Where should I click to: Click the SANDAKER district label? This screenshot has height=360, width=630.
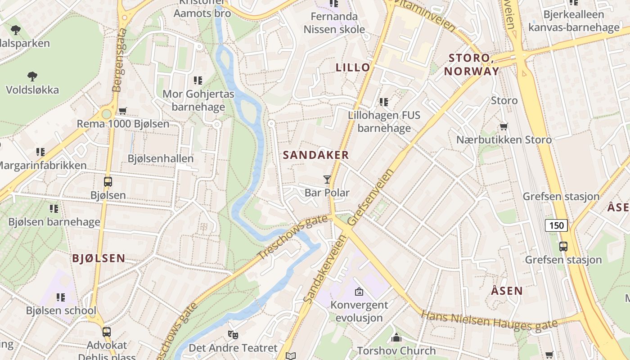click(316, 155)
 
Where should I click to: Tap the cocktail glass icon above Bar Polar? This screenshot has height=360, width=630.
click(327, 180)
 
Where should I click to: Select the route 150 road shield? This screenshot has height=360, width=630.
click(557, 225)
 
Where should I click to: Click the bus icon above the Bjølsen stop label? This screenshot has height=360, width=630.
click(108, 182)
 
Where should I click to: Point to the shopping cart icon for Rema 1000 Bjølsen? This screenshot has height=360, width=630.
click(122, 111)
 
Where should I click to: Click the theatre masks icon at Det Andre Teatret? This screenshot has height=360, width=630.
click(233, 335)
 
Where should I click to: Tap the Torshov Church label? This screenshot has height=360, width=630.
click(396, 350)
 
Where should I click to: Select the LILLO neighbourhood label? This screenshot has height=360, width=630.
click(353, 67)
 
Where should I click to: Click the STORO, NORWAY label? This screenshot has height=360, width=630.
click(472, 64)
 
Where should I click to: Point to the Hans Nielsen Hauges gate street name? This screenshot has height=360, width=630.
click(489, 321)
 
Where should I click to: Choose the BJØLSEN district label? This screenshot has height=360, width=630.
click(99, 258)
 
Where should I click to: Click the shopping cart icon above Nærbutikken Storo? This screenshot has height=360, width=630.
click(504, 127)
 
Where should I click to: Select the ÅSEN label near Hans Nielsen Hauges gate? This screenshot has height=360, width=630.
click(507, 291)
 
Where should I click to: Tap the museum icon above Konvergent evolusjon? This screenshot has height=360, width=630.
click(359, 292)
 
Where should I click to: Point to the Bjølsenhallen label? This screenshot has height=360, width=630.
click(161, 158)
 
